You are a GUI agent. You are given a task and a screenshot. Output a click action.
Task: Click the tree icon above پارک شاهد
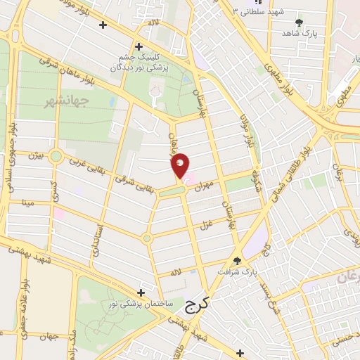tap(299, 22)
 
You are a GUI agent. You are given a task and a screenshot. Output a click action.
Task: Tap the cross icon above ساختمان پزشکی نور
tap(141, 292)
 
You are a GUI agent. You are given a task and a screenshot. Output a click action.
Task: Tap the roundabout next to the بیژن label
tap(56, 156)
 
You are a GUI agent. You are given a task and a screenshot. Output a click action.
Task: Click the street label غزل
tap(206, 224)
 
